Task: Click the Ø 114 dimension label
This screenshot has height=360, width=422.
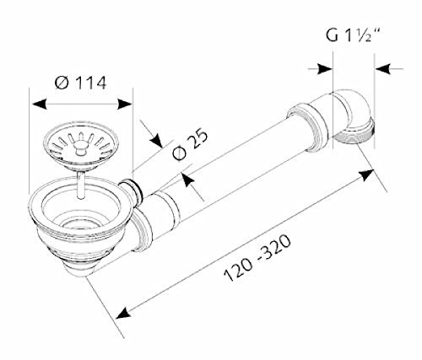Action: coord(81,83)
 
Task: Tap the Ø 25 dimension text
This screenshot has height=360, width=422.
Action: coord(190,145)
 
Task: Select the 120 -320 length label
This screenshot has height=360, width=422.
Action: coord(257,257)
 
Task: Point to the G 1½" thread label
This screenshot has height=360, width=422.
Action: coord(353,35)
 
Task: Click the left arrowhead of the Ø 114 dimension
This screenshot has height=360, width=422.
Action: coord(40,104)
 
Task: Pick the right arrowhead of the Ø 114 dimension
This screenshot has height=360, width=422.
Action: coord(125,104)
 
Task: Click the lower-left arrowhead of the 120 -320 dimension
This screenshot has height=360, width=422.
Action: coord(123,313)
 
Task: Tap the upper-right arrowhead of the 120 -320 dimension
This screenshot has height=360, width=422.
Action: coord(366,175)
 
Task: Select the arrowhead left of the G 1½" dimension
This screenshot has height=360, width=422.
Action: coord(325,68)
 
